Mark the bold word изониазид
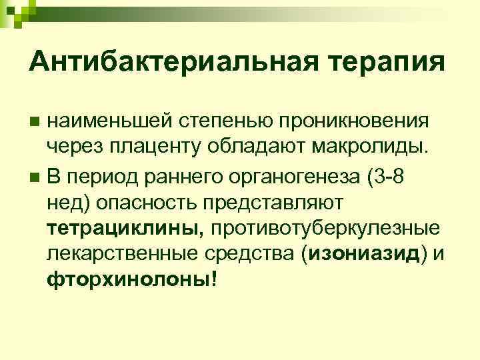(x=352, y=253)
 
